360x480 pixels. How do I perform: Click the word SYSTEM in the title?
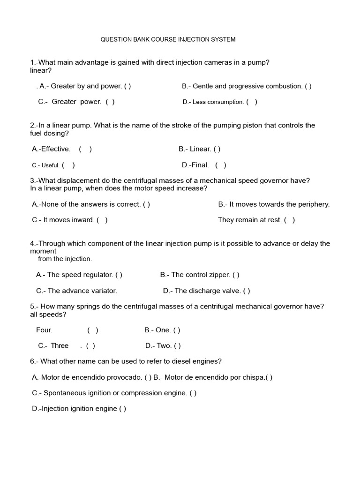click(224, 39)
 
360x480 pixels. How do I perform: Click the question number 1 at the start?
click(31, 63)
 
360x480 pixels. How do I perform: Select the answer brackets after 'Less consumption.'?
click(252, 102)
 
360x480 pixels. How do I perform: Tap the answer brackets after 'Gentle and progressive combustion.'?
click(308, 86)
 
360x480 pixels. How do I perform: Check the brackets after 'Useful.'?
click(68, 165)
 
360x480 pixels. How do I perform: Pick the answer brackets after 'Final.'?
click(221, 165)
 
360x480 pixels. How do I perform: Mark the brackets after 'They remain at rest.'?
click(290, 220)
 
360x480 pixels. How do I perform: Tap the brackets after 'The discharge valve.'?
click(247, 291)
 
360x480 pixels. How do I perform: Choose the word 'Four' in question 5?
click(44, 330)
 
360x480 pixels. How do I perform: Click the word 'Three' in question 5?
click(60, 346)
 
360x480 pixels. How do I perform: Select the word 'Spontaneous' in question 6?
click(63, 393)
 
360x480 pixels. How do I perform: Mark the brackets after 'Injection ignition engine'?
click(123, 409)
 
